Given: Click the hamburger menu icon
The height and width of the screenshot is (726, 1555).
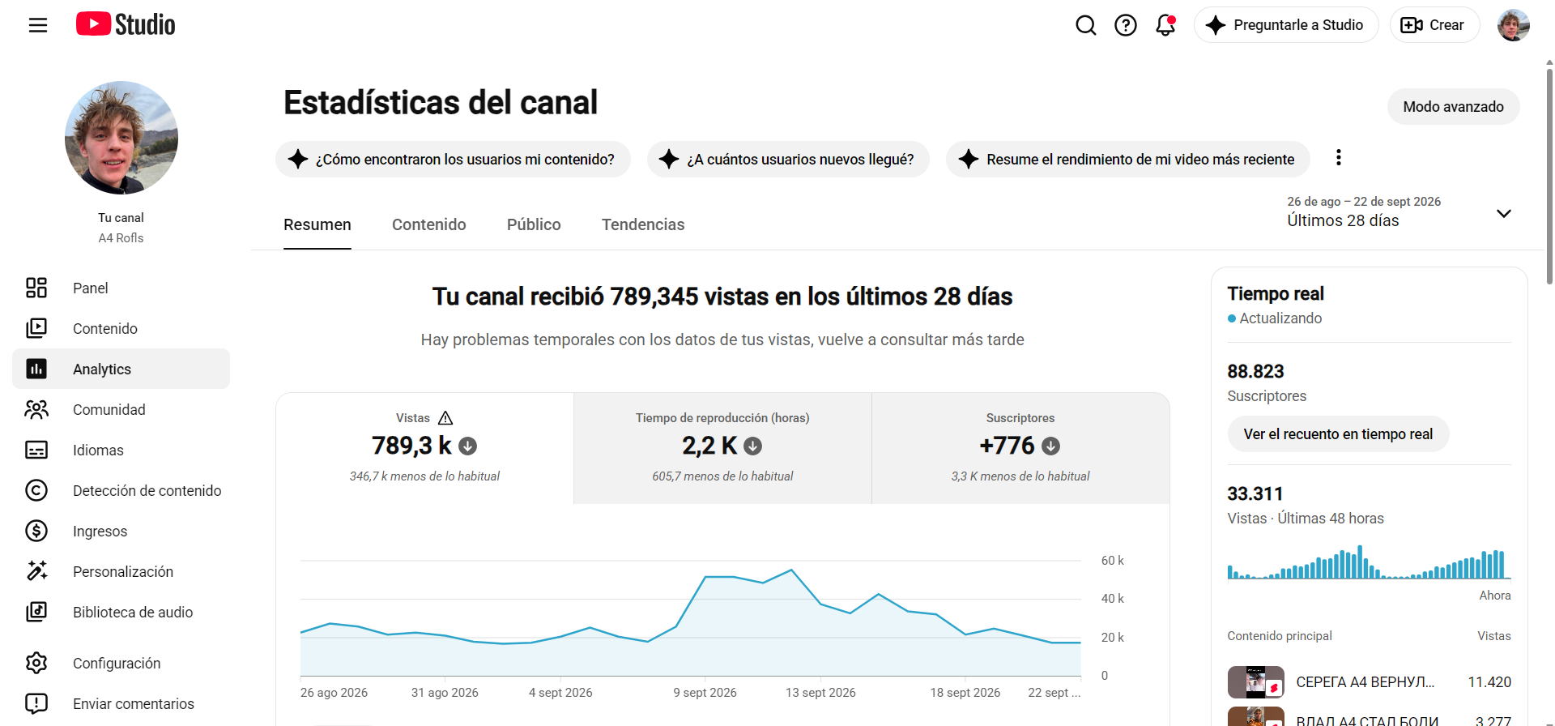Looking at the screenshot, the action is pyautogui.click(x=38, y=25).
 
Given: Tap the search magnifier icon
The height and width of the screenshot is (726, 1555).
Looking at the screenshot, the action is pyautogui.click(x=1086, y=25).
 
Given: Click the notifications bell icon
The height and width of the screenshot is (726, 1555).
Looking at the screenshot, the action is pyautogui.click(x=1165, y=25).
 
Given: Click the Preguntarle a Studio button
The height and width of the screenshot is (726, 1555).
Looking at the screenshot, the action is pyautogui.click(x=1286, y=25).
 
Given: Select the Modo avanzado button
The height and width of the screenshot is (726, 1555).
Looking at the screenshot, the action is pyautogui.click(x=1453, y=107).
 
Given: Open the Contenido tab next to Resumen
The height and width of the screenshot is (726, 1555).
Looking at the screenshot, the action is pyautogui.click(x=429, y=224).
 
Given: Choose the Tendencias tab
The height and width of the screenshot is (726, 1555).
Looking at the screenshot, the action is pyautogui.click(x=643, y=224).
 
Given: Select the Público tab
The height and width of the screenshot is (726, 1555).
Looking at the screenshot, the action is pyautogui.click(x=534, y=224).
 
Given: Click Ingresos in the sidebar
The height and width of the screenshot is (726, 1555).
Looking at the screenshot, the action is pyautogui.click(x=100, y=531).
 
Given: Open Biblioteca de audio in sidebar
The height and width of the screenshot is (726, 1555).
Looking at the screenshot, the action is pyautogui.click(x=133, y=612).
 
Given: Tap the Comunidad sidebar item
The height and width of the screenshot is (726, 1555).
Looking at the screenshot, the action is pyautogui.click(x=109, y=409).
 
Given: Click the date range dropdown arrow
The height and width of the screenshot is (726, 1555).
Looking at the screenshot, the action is pyautogui.click(x=1504, y=213).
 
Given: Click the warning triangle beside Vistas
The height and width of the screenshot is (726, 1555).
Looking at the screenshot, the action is pyautogui.click(x=445, y=418).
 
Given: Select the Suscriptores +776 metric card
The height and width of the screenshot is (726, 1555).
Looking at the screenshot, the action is pyautogui.click(x=1020, y=448).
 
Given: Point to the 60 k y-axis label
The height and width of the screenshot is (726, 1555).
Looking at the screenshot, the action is pyautogui.click(x=1113, y=561).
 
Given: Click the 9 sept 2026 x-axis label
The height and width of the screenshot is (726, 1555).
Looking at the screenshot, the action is pyautogui.click(x=705, y=693).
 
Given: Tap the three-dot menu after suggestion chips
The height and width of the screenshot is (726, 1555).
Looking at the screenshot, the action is pyautogui.click(x=1339, y=157).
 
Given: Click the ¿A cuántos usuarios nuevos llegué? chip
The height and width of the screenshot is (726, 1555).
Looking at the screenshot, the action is pyautogui.click(x=788, y=160).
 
